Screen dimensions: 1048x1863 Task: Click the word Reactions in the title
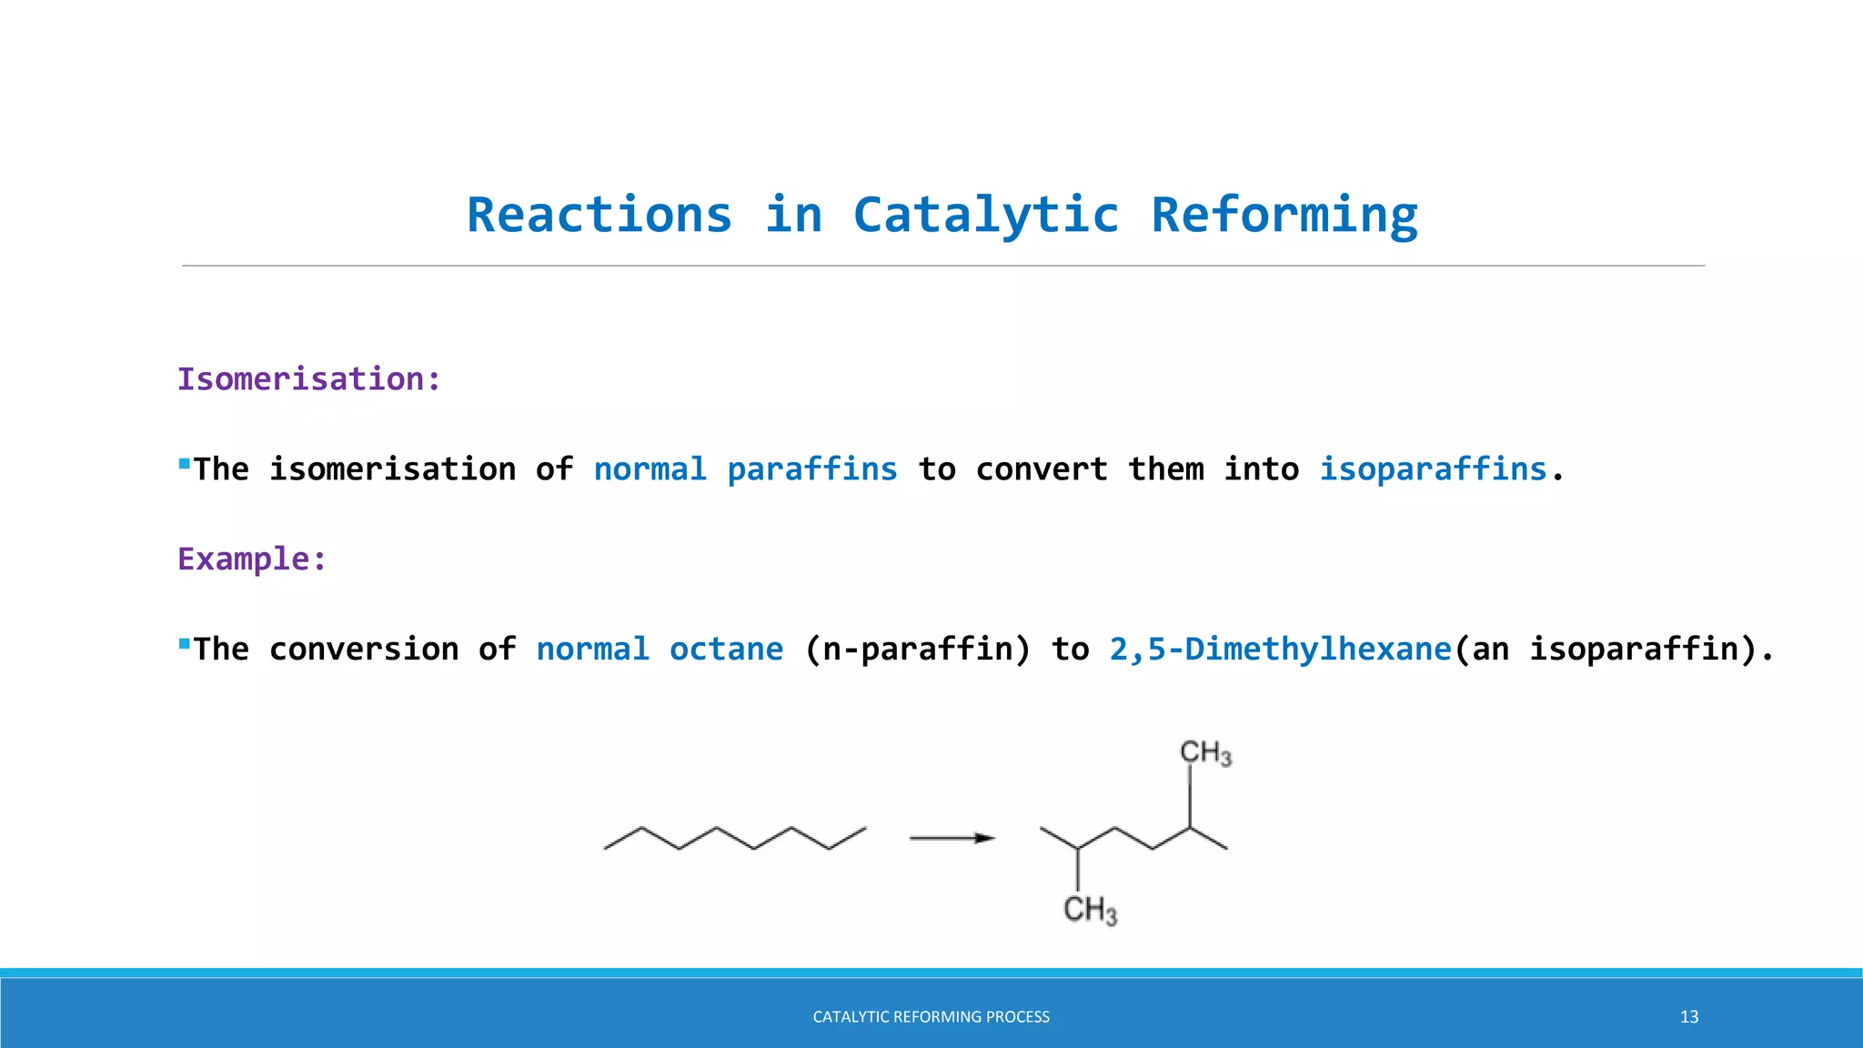(599, 216)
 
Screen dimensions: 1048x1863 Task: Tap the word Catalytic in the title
(985, 216)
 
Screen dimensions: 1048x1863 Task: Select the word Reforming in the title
(1284, 216)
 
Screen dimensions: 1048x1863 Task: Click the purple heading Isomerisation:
(309, 379)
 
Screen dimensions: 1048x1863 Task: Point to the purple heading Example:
(252, 559)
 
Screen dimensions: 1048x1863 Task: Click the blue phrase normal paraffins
(745, 469)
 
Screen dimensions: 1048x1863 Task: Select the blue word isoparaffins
(1433, 469)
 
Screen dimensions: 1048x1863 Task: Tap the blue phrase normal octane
(660, 650)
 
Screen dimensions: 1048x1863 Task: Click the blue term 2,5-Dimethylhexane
(1280, 650)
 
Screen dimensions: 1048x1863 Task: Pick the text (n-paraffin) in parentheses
(918, 650)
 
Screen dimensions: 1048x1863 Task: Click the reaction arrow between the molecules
(952, 838)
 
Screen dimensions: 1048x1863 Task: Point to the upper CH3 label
(1205, 753)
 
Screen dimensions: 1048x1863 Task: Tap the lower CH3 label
(1090, 910)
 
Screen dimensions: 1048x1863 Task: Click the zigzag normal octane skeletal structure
(735, 838)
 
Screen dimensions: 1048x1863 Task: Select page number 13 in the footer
(1688, 1017)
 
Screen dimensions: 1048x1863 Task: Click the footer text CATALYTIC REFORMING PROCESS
(931, 1017)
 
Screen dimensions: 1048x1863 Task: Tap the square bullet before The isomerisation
(185, 464)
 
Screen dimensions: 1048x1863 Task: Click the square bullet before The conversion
(185, 644)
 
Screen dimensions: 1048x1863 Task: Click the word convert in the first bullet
(1042, 469)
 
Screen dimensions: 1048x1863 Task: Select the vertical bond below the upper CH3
(1190, 798)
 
